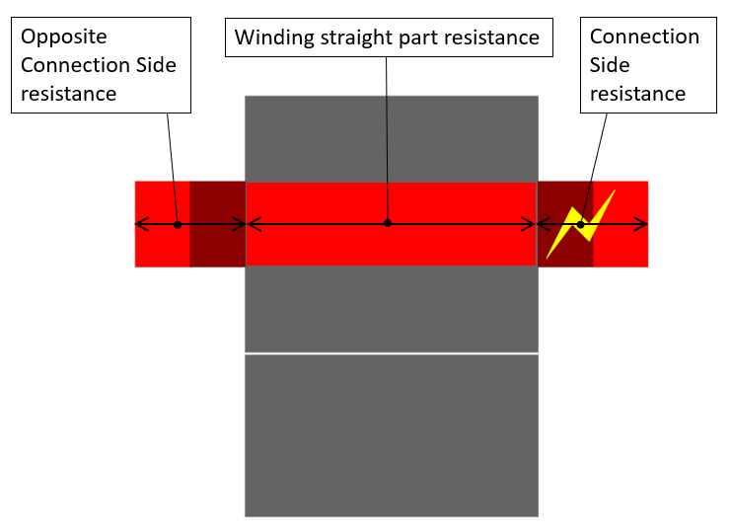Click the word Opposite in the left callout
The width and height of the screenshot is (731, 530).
click(x=64, y=38)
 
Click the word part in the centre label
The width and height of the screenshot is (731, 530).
click(x=424, y=38)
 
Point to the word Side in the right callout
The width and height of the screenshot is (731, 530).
click(x=610, y=65)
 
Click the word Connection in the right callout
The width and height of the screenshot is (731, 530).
click(x=644, y=38)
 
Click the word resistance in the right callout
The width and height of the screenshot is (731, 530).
click(x=637, y=94)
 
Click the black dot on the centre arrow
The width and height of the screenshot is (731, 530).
click(x=388, y=223)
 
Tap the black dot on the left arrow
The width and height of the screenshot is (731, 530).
click(x=178, y=224)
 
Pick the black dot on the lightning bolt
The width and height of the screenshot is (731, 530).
click(x=581, y=225)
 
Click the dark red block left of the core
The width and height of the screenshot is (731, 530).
click(x=217, y=247)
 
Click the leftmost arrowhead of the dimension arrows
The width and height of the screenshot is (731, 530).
click(x=138, y=224)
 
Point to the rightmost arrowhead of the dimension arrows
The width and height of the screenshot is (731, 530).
click(x=645, y=224)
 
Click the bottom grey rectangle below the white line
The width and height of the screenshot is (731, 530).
click(x=392, y=434)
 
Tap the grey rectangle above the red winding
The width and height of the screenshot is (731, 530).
click(x=392, y=138)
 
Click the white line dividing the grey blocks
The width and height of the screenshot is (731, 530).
click(x=392, y=352)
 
